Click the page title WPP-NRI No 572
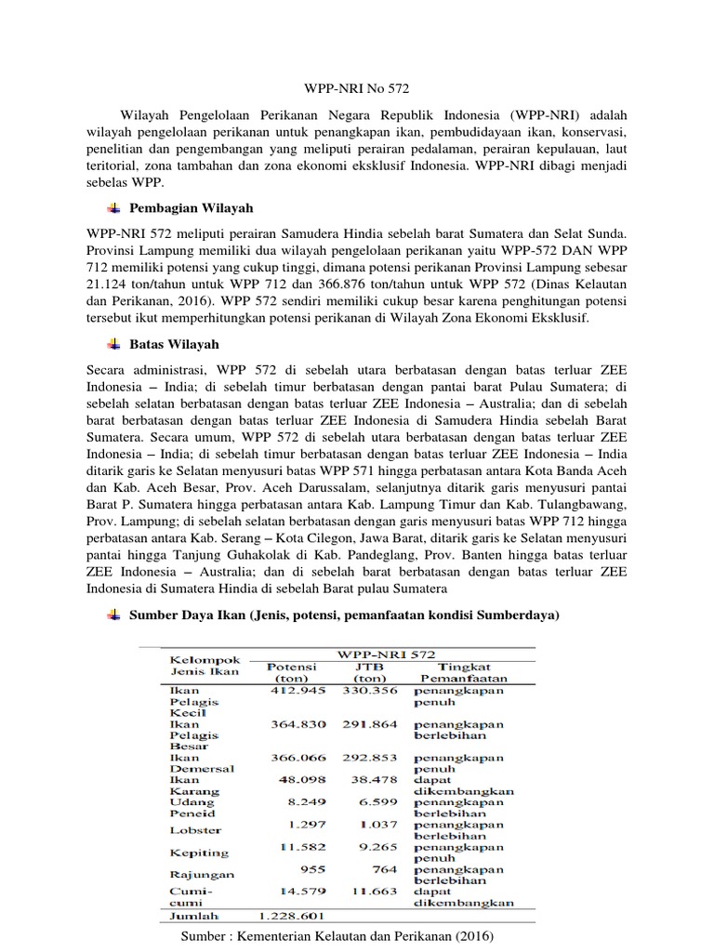(x=357, y=89)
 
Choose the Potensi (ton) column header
(x=292, y=673)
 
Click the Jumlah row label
(x=191, y=915)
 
